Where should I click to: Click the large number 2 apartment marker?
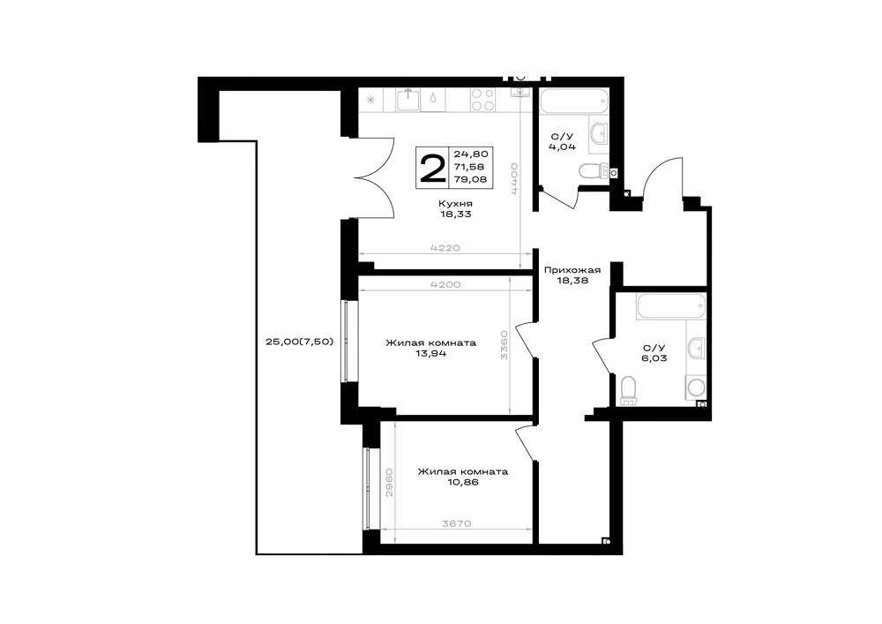pyautogui.click(x=432, y=167)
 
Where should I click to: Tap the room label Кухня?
pyautogui.click(x=456, y=203)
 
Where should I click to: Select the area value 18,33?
pyautogui.click(x=456, y=214)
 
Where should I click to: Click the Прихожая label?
pyautogui.click(x=572, y=270)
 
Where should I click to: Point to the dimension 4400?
pyautogui.click(x=513, y=178)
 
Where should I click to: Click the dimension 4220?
pyautogui.click(x=445, y=248)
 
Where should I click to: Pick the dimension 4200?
pyautogui.click(x=445, y=285)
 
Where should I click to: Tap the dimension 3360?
pyautogui.click(x=504, y=345)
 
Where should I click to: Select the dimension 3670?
pyautogui.click(x=456, y=524)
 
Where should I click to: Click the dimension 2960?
pyautogui.click(x=389, y=482)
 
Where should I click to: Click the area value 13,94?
pyautogui.click(x=431, y=354)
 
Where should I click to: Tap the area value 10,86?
pyautogui.click(x=463, y=482)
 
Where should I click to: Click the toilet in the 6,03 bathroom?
pyautogui.click(x=628, y=390)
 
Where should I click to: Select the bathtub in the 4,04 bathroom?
pyautogui.click(x=574, y=101)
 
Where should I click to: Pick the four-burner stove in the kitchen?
pyautogui.click(x=483, y=100)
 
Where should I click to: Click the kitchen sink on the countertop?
pyautogui.click(x=407, y=100)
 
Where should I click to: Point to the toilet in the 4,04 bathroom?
pyautogui.click(x=594, y=171)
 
